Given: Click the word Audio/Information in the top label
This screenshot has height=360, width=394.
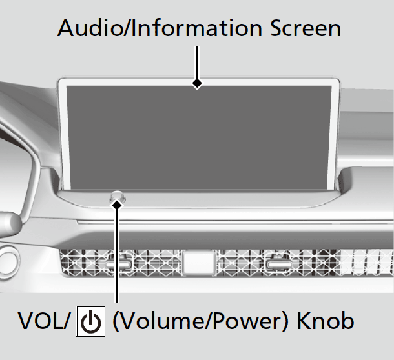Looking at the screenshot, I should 153,28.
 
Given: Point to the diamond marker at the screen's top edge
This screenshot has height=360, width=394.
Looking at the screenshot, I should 198,83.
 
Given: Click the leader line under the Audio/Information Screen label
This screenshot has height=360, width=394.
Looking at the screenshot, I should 198,61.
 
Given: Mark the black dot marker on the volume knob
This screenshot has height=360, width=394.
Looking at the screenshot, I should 117,204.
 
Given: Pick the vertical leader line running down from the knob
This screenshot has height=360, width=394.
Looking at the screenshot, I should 117,258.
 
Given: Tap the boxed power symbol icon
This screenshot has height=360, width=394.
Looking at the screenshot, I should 90,321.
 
